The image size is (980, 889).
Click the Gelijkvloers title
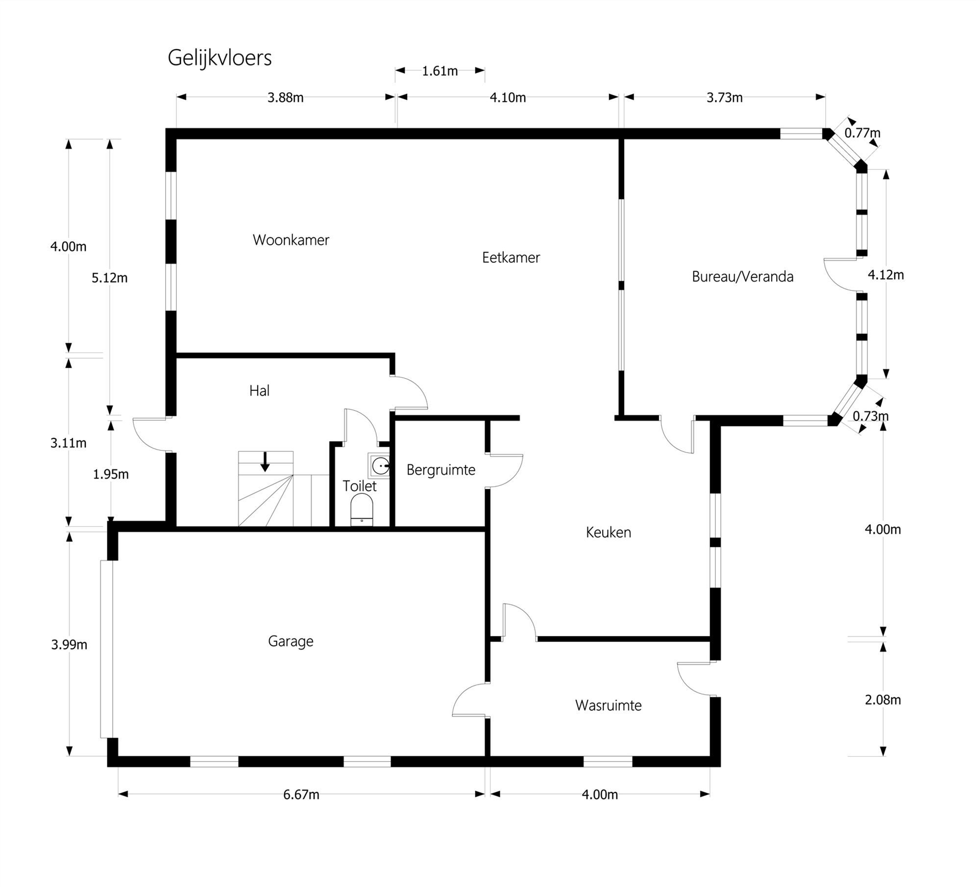219,58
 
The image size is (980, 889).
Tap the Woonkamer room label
291,240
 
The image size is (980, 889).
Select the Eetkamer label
511,257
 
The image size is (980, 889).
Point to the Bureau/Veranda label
742,277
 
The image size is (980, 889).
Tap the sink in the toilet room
380,465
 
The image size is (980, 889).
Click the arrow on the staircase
265,462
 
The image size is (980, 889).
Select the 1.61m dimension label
440,71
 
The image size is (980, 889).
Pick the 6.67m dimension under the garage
301,795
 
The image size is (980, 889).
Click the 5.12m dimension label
109,278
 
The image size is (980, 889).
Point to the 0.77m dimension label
862,133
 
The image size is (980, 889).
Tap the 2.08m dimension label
882,700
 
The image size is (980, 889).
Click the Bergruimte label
441,470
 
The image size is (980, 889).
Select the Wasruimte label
608,705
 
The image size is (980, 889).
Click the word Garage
290,641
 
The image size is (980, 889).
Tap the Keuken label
608,532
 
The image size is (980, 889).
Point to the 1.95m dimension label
111,474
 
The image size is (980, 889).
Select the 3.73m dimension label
724,98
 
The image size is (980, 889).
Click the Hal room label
259,390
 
